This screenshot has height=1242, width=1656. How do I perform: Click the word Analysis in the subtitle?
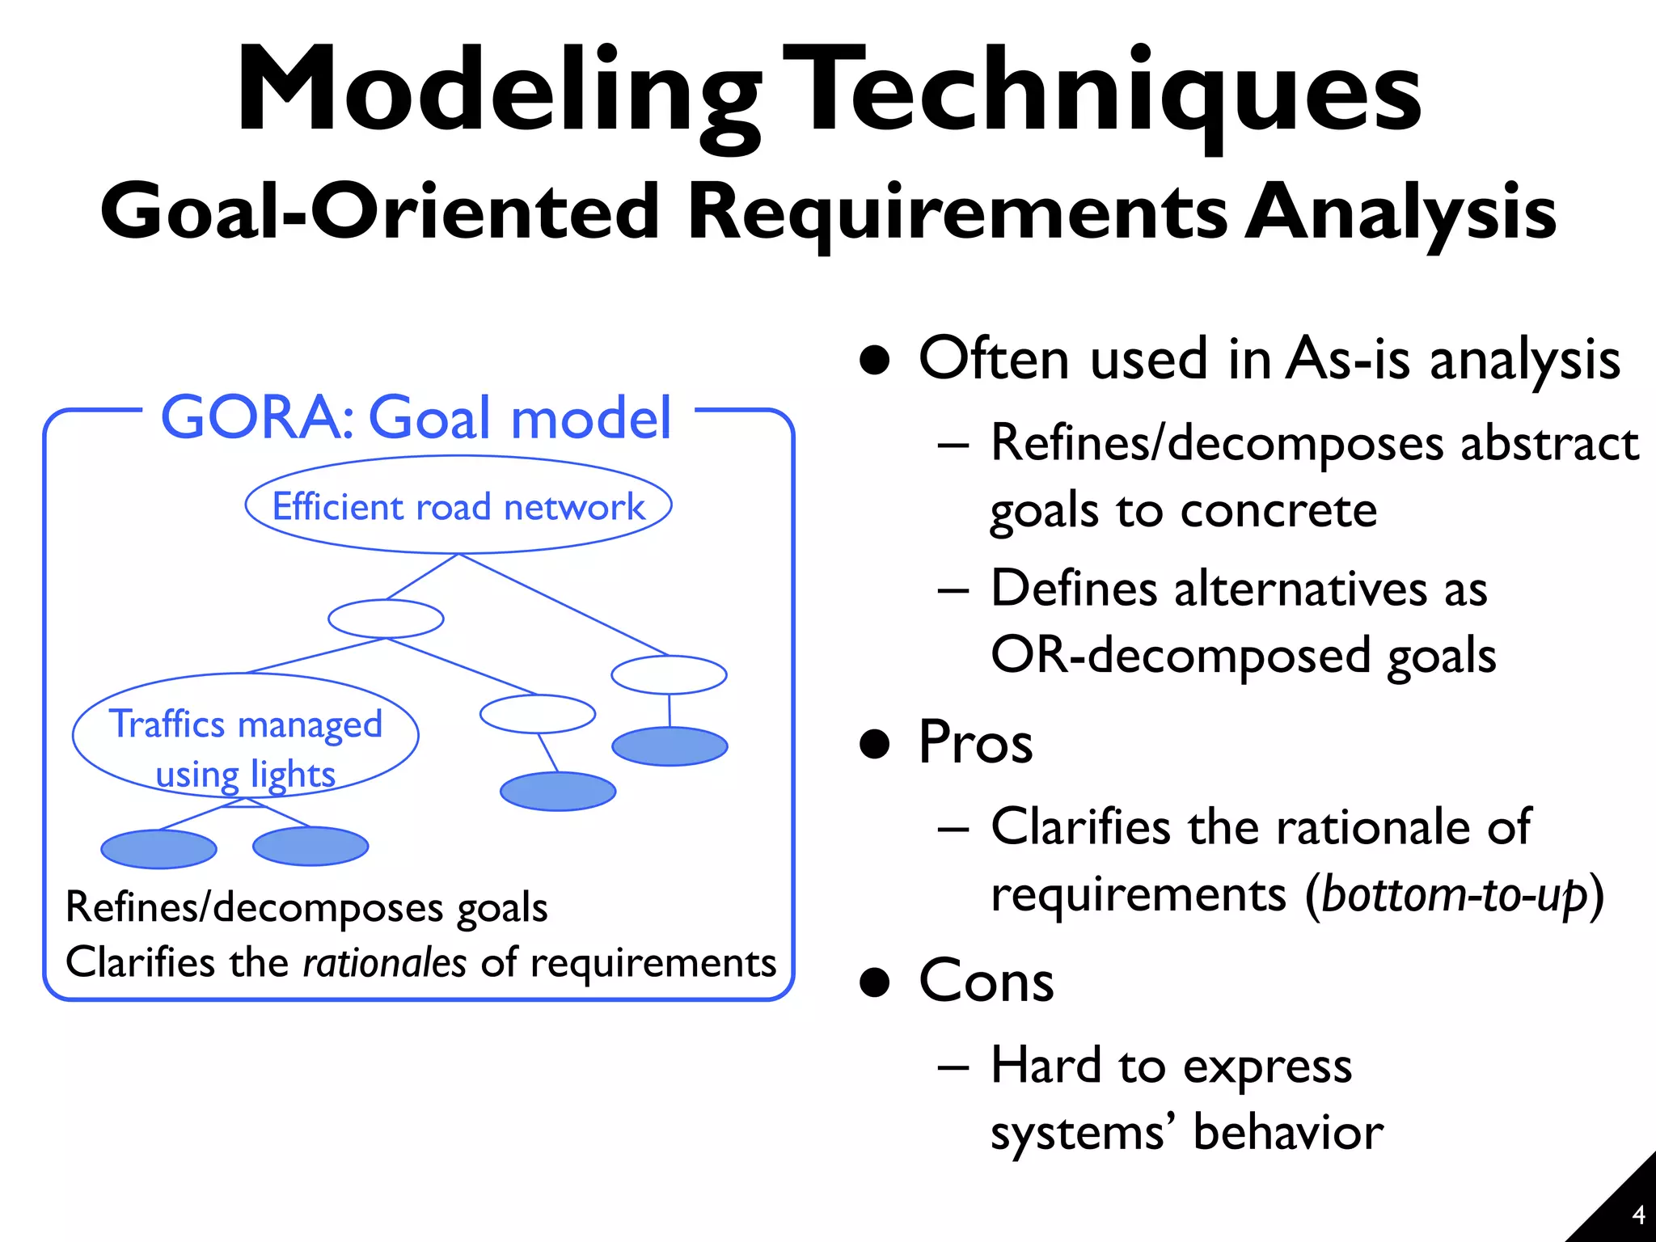click(1400, 212)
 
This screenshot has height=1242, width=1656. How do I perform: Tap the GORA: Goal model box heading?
click(416, 417)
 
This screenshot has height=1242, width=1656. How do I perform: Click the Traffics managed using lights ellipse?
click(245, 736)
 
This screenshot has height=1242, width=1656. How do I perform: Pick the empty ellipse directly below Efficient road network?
click(386, 619)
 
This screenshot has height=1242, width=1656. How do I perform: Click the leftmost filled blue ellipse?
click(158, 849)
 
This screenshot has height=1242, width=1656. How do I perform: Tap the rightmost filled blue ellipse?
click(670, 746)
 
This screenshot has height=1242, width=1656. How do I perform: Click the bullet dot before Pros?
click(874, 743)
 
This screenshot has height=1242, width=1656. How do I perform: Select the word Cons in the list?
click(986, 981)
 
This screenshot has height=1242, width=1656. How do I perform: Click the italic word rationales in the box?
click(384, 963)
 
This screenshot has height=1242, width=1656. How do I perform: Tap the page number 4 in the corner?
click(1638, 1215)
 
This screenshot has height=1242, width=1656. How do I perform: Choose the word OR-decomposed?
click(1181, 655)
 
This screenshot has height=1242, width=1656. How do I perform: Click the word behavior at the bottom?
click(1288, 1132)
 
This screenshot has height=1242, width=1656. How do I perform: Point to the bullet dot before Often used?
click(874, 360)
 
